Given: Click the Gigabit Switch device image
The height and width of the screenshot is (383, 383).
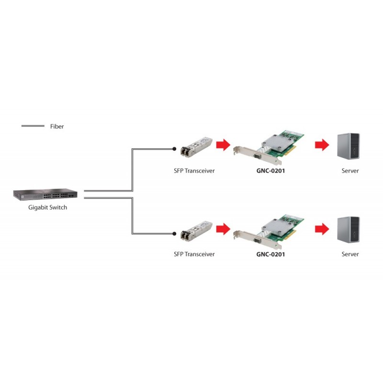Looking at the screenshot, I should (x=45, y=195).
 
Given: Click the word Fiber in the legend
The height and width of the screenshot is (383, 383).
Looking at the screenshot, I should (x=56, y=126).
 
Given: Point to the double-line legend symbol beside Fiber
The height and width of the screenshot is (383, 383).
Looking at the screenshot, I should (x=33, y=126).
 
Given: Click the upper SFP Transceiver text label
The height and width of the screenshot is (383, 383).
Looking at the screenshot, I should (x=194, y=170).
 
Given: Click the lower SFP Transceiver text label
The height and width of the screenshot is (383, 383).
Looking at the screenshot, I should (x=194, y=254).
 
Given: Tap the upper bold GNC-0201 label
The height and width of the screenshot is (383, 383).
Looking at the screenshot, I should (x=270, y=170).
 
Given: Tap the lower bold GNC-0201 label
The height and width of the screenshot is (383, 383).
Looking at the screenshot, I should (x=270, y=254).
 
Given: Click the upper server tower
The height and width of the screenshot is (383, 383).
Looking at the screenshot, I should (x=348, y=145).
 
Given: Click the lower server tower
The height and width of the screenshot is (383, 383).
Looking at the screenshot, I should (x=348, y=229).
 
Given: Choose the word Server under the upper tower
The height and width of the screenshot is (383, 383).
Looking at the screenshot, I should (x=350, y=170).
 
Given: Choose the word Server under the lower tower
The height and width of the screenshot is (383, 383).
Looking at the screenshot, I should (x=350, y=254).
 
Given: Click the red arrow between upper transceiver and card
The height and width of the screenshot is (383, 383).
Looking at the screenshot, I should (x=223, y=145).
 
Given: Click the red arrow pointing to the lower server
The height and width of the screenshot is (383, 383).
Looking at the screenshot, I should (x=322, y=228).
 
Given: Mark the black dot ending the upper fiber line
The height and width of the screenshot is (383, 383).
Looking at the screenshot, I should (x=174, y=149).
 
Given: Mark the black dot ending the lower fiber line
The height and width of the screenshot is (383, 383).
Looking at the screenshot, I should (x=174, y=234).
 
